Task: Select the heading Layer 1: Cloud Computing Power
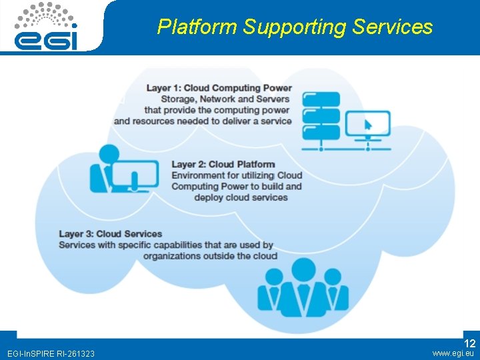point(219,88)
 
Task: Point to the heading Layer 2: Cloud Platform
point(223,165)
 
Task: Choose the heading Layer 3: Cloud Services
point(111,234)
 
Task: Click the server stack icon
point(321,117)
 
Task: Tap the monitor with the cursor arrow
point(367,125)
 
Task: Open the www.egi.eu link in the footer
point(453,353)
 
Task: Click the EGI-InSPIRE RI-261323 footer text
point(51,353)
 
